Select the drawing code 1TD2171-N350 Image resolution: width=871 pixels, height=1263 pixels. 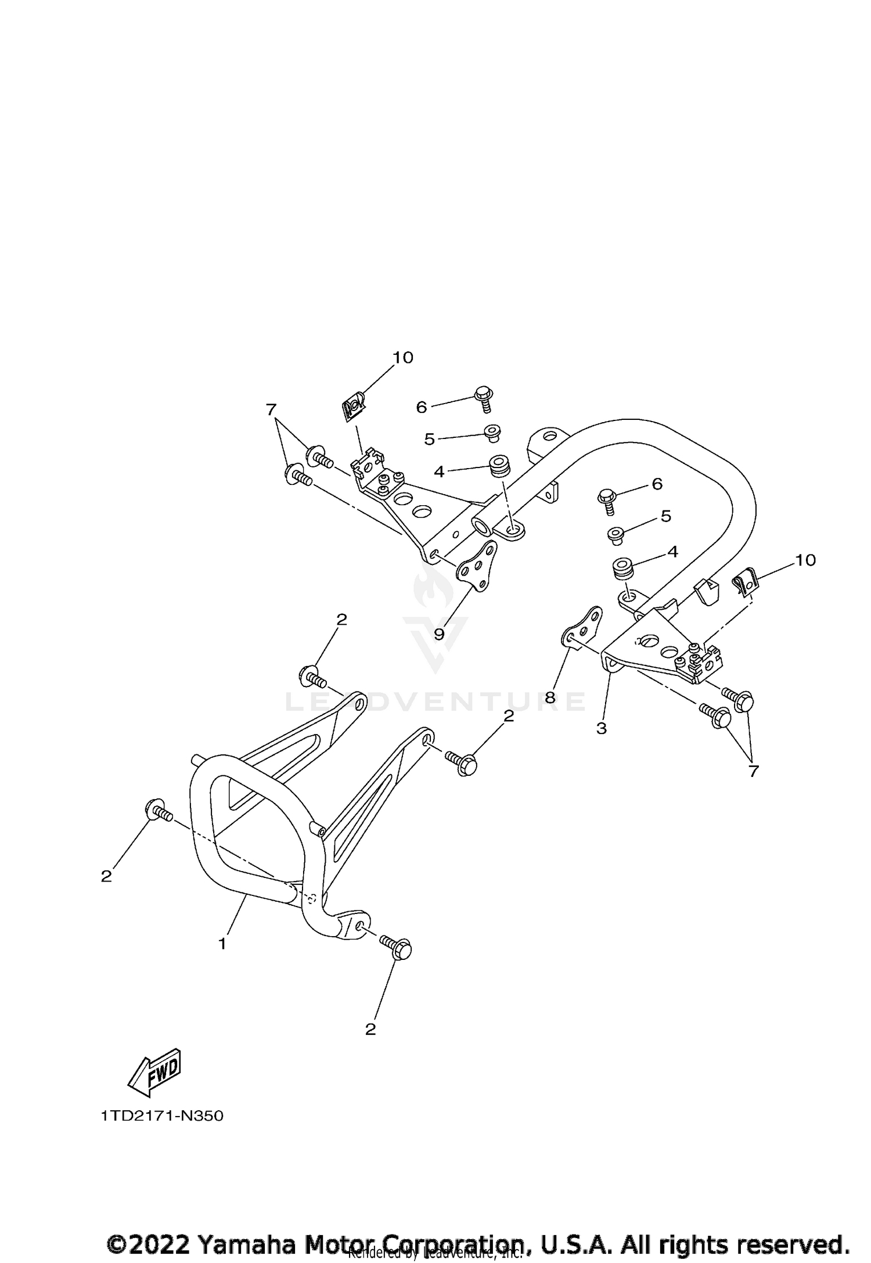[x=161, y=1116]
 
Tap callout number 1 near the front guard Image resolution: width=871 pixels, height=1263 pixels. [x=222, y=944]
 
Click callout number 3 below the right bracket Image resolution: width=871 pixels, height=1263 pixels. [x=601, y=728]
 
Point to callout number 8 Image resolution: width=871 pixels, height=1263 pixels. [x=550, y=697]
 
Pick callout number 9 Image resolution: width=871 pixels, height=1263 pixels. [x=439, y=634]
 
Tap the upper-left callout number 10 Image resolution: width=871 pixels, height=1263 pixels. [x=402, y=358]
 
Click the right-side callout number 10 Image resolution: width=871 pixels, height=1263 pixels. [x=805, y=560]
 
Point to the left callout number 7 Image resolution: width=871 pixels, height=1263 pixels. [x=270, y=410]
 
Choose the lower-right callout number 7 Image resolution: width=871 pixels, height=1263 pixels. [x=753, y=771]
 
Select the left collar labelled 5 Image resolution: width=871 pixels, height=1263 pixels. [x=492, y=432]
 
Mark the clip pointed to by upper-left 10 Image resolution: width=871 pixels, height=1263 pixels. [x=352, y=404]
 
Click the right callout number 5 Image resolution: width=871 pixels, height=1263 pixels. [x=665, y=516]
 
